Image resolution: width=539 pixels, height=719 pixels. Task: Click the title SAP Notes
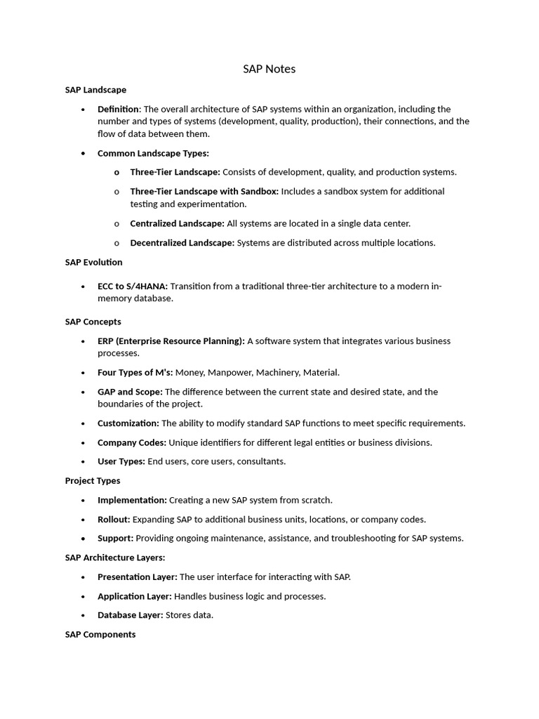tap(269, 69)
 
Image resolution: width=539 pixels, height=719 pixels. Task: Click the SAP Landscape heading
tap(95, 90)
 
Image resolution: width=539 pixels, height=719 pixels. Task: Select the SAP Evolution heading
tap(93, 262)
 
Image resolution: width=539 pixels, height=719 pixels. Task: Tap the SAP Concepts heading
tap(93, 322)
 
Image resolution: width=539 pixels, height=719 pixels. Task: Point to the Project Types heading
tap(93, 481)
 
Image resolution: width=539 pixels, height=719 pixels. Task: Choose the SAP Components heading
tap(100, 634)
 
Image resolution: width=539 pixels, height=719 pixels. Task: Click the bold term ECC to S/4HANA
tap(133, 286)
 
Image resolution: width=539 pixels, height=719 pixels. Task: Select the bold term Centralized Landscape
tap(177, 223)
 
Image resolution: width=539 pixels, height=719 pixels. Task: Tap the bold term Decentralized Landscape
tap(182, 243)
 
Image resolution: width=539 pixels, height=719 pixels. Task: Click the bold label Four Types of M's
tap(135, 373)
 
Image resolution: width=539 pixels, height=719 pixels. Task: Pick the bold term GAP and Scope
tap(130, 392)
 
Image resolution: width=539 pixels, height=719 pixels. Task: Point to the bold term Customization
tap(128, 423)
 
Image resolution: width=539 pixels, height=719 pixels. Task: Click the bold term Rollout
tap(114, 520)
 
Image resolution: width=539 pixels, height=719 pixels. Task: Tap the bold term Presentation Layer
tap(137, 577)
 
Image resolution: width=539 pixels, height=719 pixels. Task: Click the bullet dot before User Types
tap(83, 462)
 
